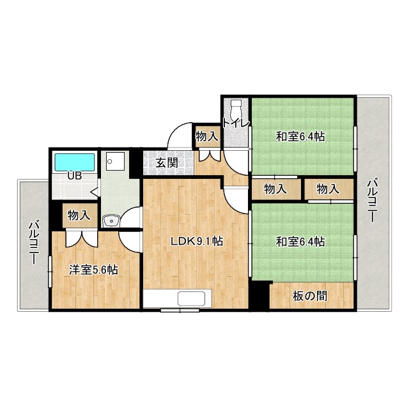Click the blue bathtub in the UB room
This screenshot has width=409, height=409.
[75, 162]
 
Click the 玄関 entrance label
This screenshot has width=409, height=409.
[167, 163]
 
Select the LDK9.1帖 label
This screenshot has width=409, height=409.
[197, 242]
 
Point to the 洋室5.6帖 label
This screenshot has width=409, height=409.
[93, 270]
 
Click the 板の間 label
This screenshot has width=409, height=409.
[309, 296]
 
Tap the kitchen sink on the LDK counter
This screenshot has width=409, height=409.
[191, 298]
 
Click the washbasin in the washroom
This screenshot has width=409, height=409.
[111, 220]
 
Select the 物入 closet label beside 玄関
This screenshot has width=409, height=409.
[206, 136]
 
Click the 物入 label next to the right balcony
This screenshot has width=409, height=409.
[328, 189]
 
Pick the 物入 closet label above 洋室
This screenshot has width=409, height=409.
[79, 215]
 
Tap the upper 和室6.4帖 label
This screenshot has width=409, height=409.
[300, 136]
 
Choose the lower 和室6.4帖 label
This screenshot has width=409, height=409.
[300, 242]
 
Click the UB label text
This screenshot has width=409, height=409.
[75, 176]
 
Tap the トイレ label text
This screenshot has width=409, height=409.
[236, 123]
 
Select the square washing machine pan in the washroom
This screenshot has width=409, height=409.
[116, 162]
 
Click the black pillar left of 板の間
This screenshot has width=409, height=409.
[259, 295]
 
